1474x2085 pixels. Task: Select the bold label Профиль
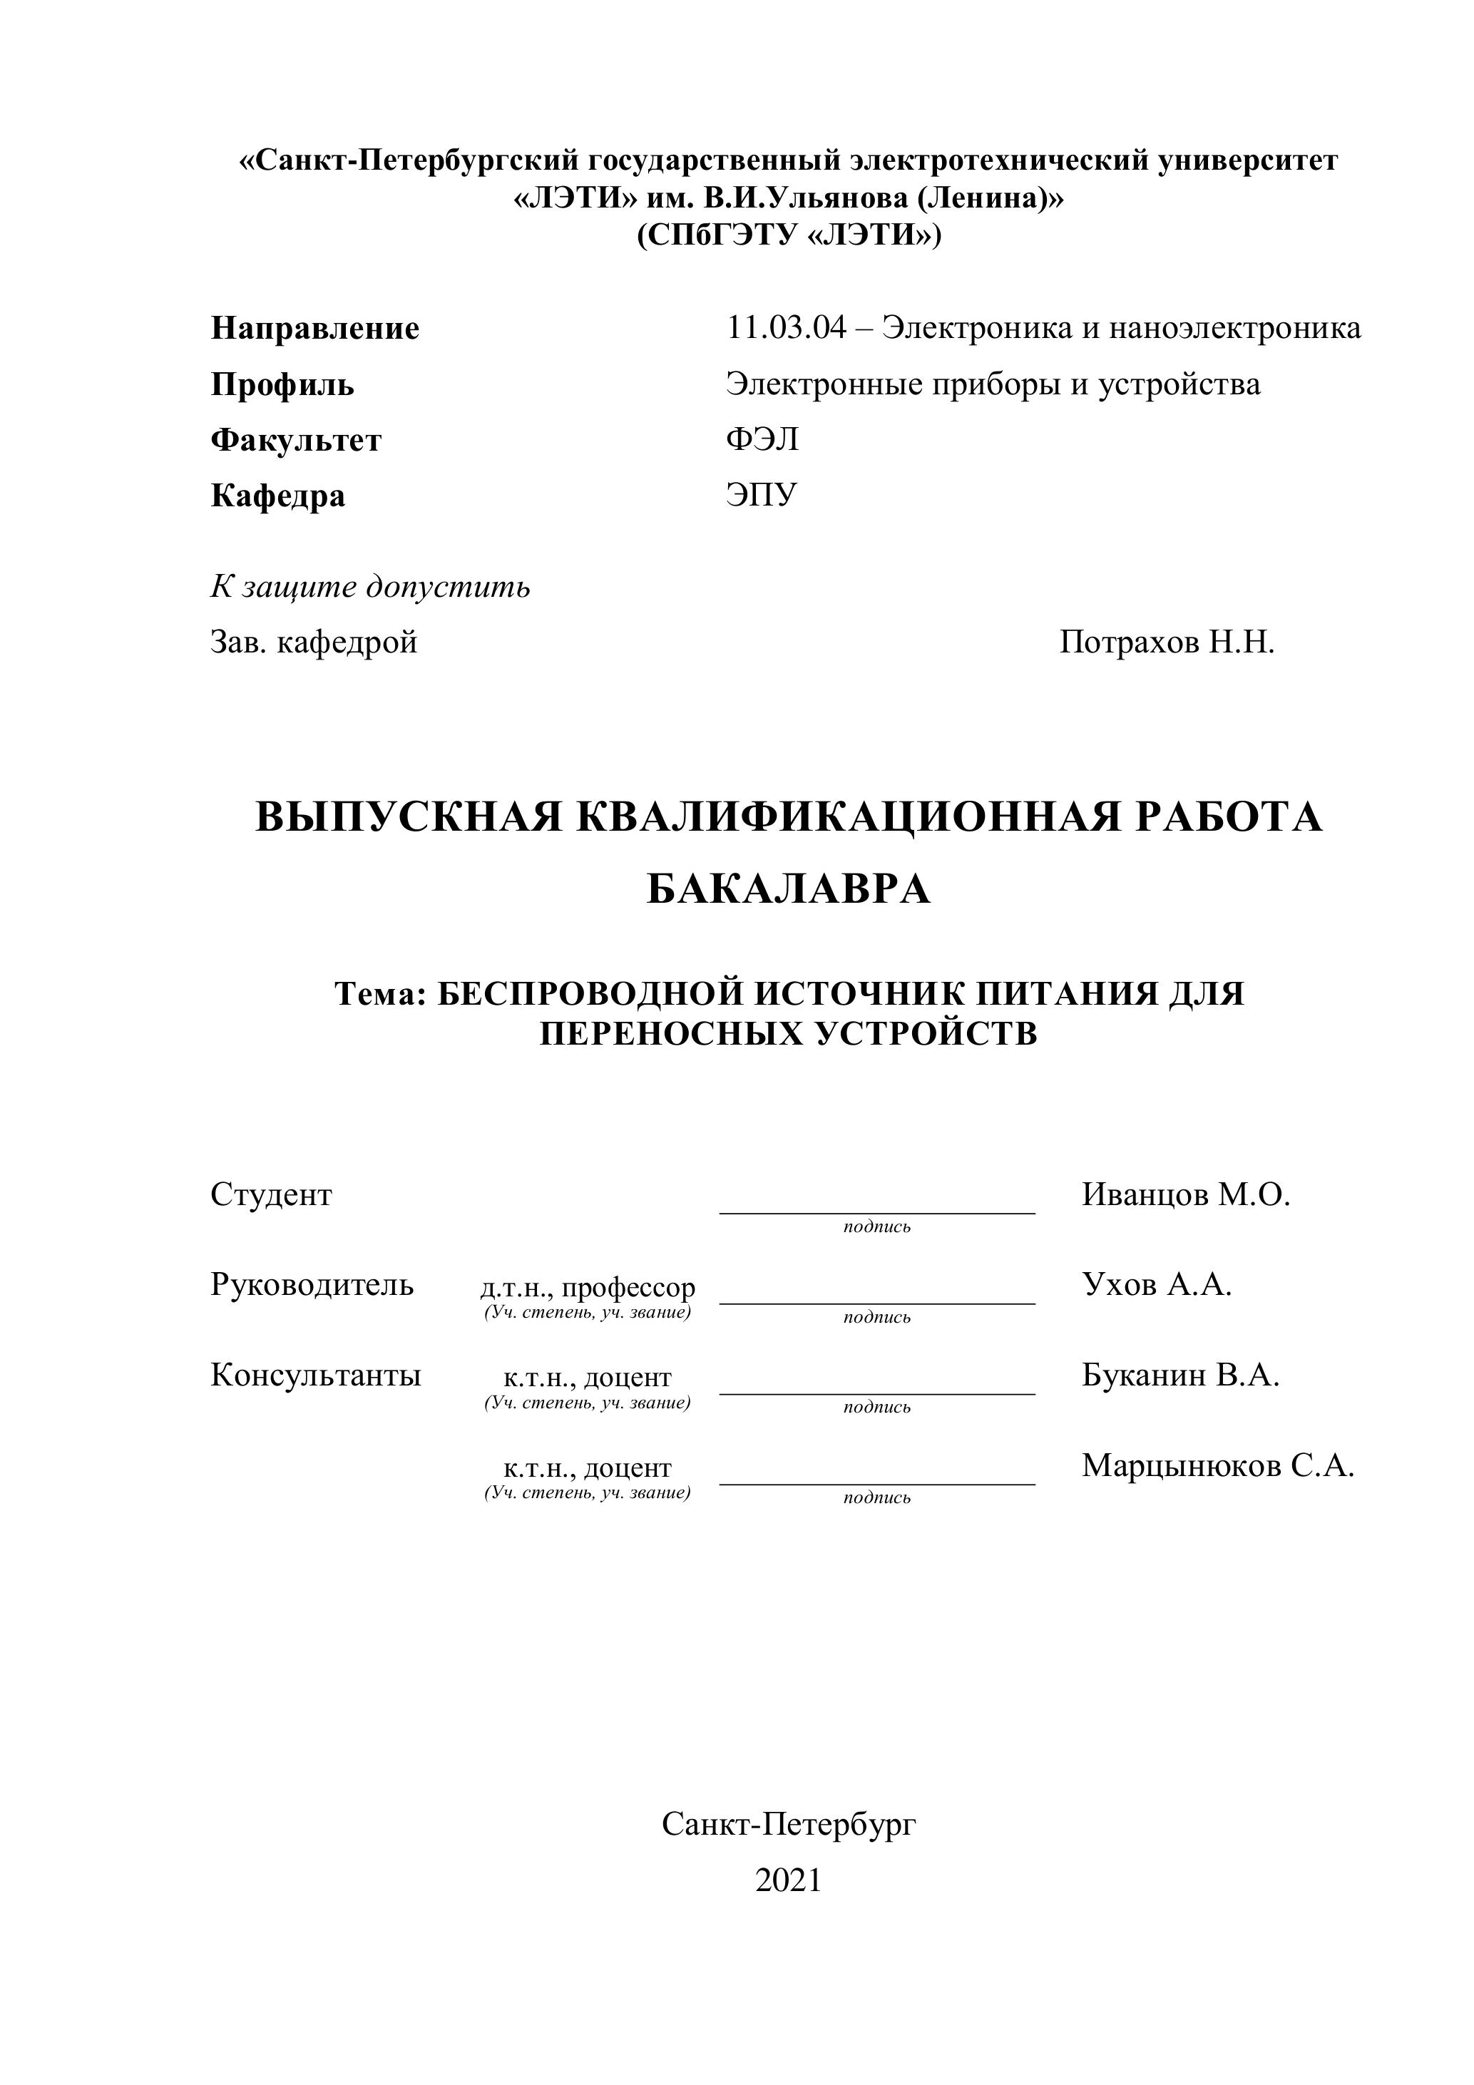[282, 385]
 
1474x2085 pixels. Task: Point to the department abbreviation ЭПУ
[760, 495]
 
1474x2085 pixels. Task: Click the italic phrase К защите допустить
[371, 587]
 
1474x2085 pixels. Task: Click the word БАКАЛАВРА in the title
[788, 889]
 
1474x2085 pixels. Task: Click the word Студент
[271, 1194]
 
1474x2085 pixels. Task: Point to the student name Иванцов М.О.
[1185, 1194]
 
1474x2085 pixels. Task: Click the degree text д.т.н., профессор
[588, 1287]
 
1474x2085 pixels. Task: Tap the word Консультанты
[315, 1375]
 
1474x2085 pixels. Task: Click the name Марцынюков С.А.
[1217, 1465]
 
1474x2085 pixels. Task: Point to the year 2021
[787, 1880]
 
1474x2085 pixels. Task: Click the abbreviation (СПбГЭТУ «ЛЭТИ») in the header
[788, 235]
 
